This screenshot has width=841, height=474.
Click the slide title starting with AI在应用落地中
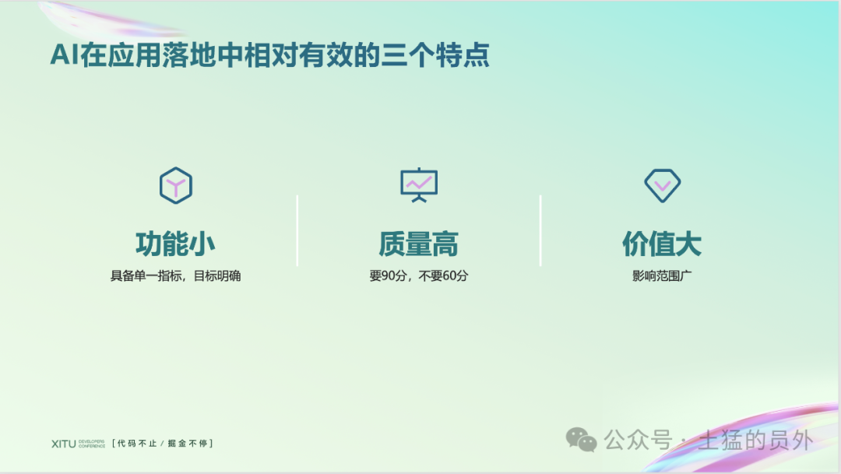coord(269,54)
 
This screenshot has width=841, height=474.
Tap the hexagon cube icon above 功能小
coord(176,185)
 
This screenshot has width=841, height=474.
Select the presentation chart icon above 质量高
coord(419,185)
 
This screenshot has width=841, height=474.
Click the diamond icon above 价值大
coord(663,185)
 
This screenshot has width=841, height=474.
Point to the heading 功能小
coord(175,244)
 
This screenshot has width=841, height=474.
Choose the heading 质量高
coord(418,244)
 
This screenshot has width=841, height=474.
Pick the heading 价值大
coord(662,244)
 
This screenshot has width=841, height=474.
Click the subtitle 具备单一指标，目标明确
coord(175,276)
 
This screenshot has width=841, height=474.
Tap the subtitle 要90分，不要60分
coord(418,276)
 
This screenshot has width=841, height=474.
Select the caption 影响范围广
coord(662,276)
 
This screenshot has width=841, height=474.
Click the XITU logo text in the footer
coord(63,444)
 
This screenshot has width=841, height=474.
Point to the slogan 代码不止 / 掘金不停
coord(163,444)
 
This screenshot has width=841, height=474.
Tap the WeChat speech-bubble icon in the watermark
coord(582,440)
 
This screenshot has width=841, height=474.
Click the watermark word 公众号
coord(638,441)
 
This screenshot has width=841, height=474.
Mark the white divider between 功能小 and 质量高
coord(297,230)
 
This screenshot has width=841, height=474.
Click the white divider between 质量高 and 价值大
coord(540,230)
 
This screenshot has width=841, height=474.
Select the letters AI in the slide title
coord(65,54)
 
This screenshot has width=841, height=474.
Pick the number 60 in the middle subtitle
coord(449,276)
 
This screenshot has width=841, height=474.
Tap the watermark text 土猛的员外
coord(756,441)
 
